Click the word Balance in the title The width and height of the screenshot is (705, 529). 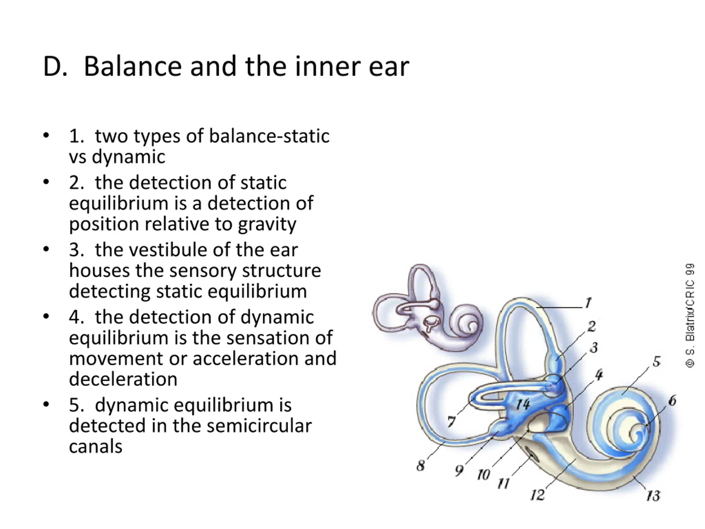132,67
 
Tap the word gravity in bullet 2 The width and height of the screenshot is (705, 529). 267,224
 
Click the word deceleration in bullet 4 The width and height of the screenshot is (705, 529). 123,379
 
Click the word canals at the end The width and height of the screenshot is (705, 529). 96,446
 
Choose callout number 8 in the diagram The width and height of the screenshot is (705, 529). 421,466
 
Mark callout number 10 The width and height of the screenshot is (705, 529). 483,475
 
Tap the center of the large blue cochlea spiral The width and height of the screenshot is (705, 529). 638,434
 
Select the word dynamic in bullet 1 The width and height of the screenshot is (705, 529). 128,157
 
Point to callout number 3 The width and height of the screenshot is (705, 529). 593,347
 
